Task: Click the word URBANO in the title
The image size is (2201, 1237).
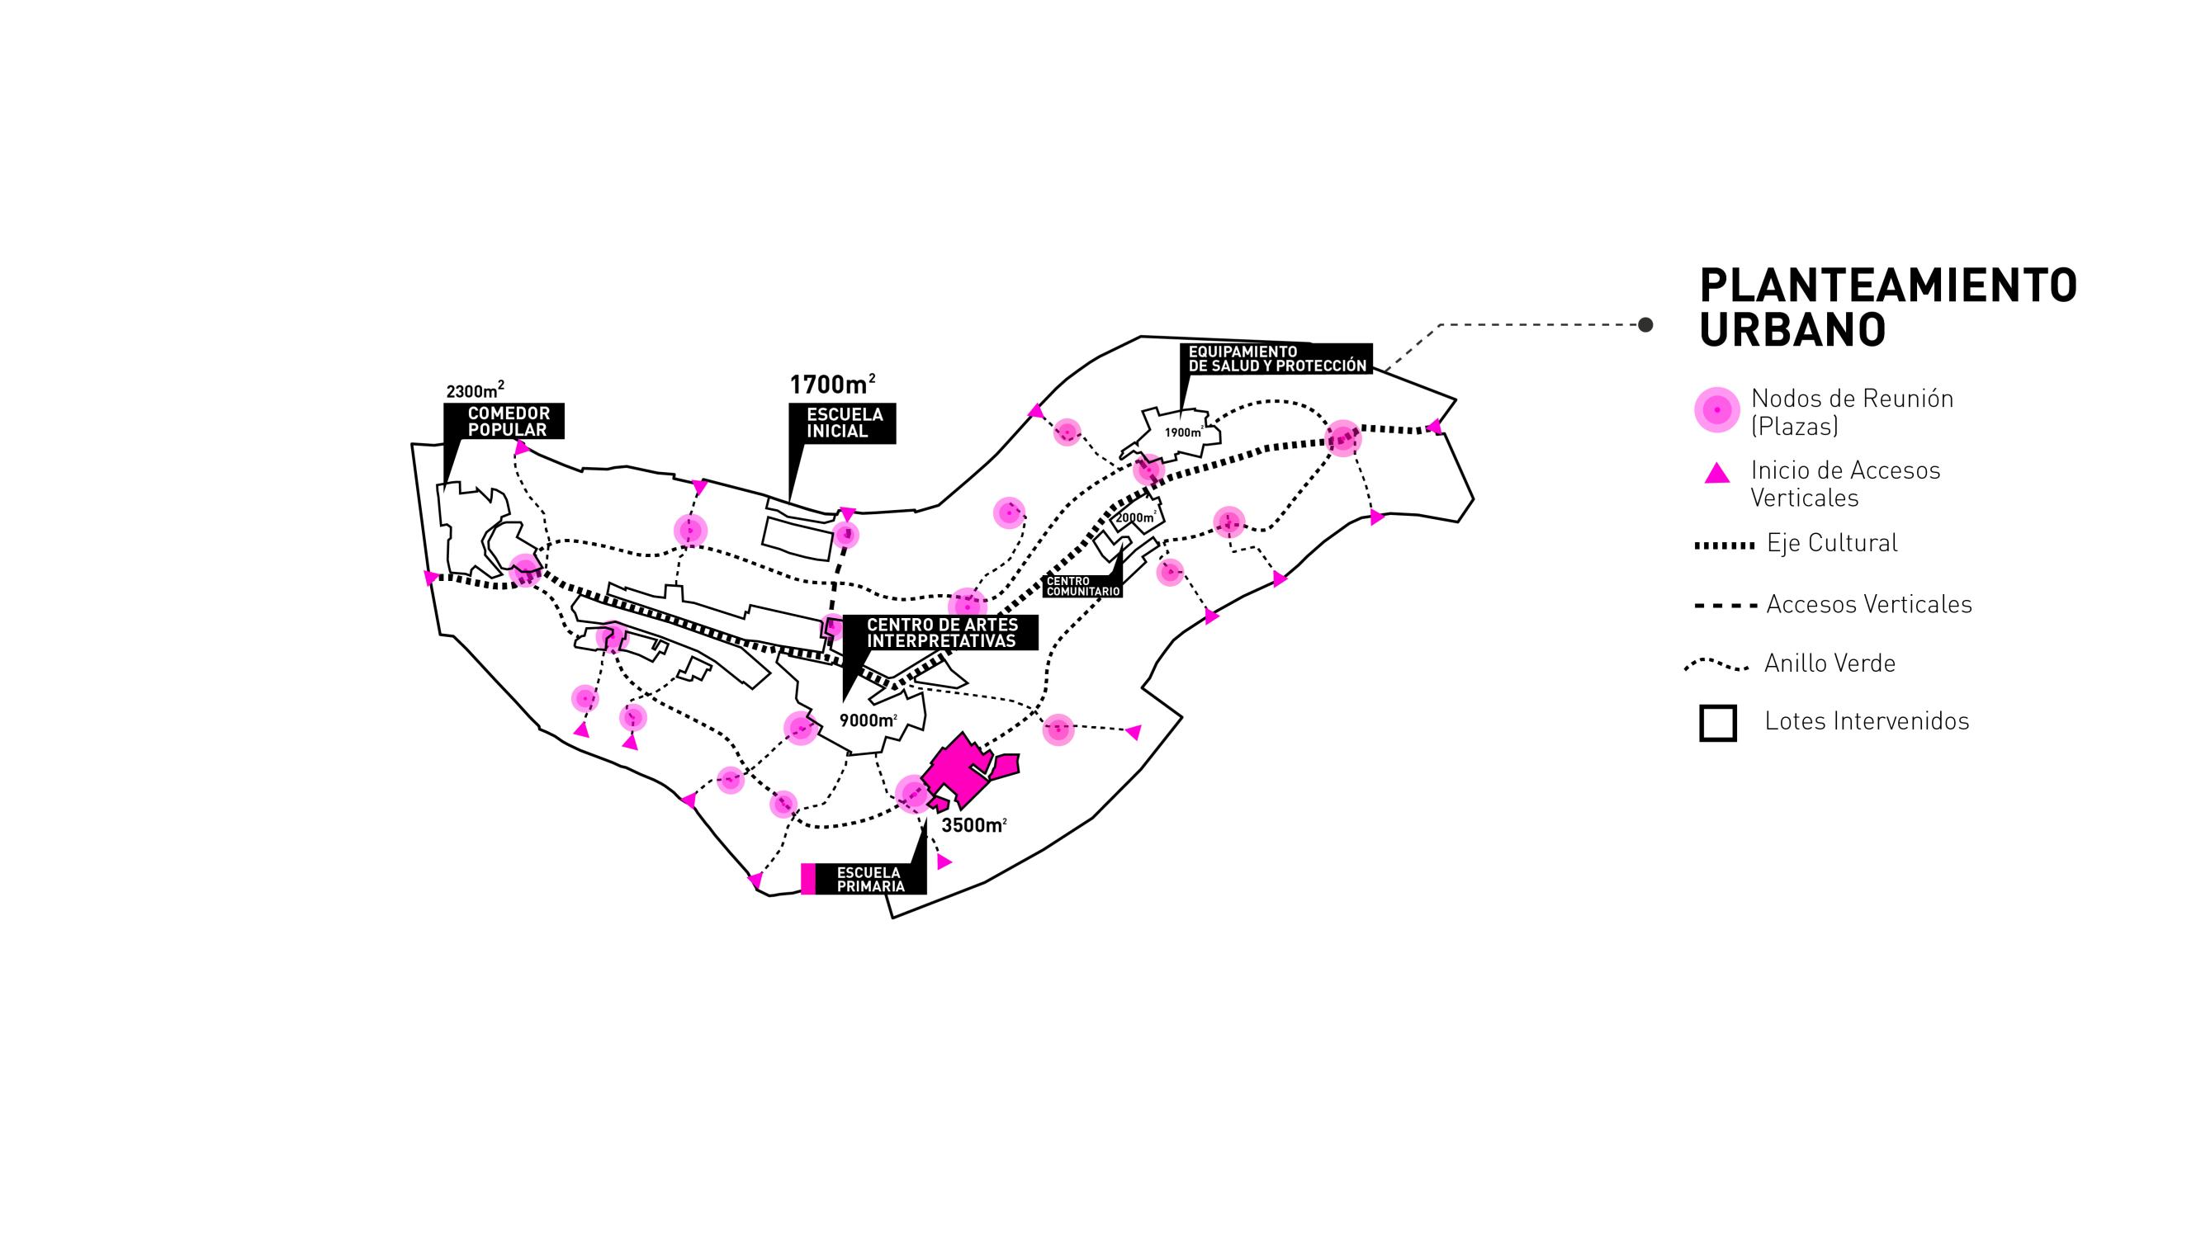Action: pos(1792,331)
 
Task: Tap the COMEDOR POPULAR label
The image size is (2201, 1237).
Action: pos(509,421)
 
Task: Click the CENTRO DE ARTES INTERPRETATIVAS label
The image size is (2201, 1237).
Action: pos(942,633)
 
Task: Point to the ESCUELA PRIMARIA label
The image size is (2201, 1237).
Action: pos(869,879)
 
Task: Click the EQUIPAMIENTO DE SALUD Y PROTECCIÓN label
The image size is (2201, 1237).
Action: pos(1276,359)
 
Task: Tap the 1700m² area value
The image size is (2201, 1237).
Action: pos(831,385)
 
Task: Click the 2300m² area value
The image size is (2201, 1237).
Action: pos(474,391)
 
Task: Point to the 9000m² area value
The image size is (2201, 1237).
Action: pos(867,720)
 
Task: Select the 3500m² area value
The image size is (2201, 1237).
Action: pos(973,825)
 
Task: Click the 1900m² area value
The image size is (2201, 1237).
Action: pos(1183,432)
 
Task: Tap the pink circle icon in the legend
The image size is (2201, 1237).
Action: pos(1716,410)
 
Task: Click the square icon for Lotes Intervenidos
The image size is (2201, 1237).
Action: pos(1717,723)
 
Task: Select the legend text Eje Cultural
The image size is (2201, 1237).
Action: pos(1832,543)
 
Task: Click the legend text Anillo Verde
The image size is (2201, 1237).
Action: pos(1829,663)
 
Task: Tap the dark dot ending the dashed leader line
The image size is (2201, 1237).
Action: pos(1645,324)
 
